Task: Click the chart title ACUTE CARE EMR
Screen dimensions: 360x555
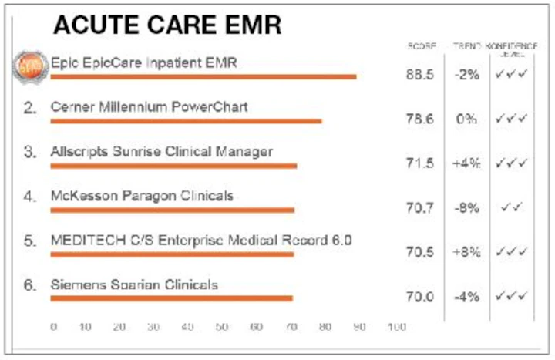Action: click(166, 26)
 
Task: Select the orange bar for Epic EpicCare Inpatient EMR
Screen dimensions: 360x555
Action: click(203, 76)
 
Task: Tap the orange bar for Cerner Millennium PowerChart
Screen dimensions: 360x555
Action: click(186, 120)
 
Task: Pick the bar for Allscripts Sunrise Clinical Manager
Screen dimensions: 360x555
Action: click(173, 165)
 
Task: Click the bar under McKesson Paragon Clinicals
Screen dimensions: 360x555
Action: click(172, 210)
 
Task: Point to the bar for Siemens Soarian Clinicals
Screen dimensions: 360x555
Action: click(171, 298)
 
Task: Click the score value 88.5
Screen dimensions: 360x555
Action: click(419, 75)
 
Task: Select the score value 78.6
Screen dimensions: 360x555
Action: click(419, 119)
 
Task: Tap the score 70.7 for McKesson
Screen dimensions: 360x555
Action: click(419, 208)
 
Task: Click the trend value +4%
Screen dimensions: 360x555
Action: click(466, 163)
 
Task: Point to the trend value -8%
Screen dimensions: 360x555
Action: click(466, 208)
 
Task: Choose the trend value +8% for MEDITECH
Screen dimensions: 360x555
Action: click(466, 252)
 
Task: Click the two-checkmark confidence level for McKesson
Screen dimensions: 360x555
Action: click(512, 207)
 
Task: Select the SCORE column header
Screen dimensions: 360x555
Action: click(421, 48)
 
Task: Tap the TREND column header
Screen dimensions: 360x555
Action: click(466, 48)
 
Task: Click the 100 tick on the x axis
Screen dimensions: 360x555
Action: click(397, 328)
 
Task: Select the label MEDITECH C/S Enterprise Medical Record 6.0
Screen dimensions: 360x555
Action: click(200, 240)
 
